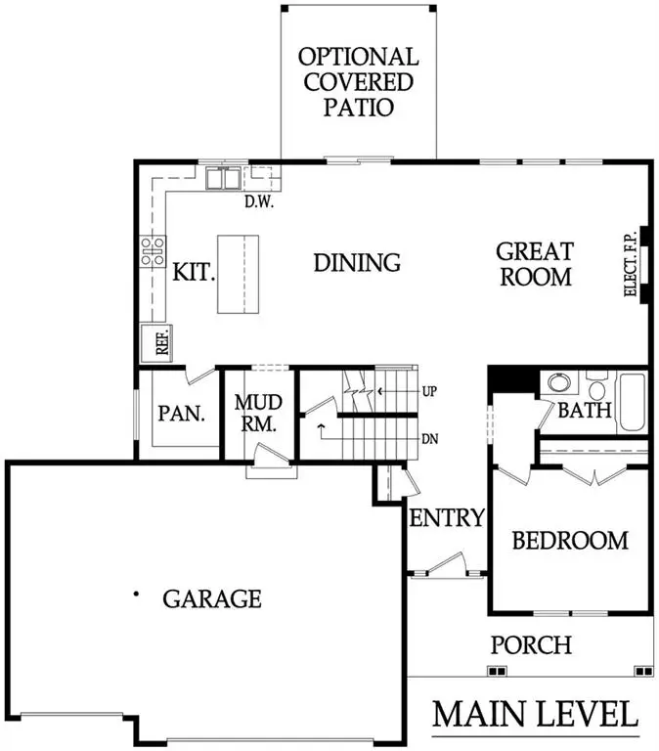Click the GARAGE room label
211,597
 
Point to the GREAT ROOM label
534,264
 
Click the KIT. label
194,272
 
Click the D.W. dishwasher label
258,203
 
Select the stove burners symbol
152,252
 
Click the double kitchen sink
223,179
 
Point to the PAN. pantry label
181,413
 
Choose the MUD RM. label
257,414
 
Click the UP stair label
428,391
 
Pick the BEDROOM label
570,540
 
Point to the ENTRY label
447,517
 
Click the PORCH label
531,645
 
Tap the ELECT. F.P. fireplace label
631,264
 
